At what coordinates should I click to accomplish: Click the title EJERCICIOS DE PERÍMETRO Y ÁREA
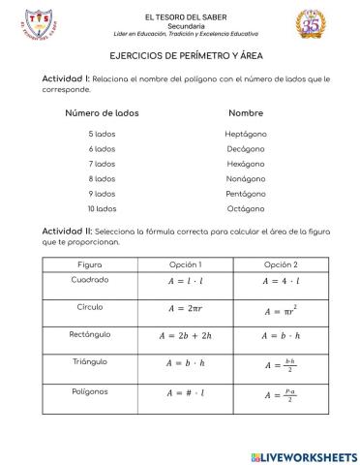point(179,58)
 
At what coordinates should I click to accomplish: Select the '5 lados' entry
point(102,134)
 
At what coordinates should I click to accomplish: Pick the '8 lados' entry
point(102,178)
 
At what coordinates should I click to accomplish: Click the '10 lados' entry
point(102,208)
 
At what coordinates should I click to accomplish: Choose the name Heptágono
point(245,134)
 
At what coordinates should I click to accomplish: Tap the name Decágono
point(245,148)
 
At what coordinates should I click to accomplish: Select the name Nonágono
point(245,178)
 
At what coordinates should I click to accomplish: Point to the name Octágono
point(245,208)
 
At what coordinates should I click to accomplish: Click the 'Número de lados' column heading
point(102,112)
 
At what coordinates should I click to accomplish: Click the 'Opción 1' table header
point(185,264)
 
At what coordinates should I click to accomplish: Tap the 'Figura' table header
point(89,264)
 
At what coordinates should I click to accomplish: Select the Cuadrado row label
point(90,280)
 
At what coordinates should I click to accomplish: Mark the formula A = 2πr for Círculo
point(185,309)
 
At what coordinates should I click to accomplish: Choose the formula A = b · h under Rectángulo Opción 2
point(281,337)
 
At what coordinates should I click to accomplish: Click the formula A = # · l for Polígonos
point(185,393)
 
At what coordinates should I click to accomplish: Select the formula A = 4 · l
point(281,282)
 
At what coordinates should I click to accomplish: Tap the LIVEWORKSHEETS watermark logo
point(303,454)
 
